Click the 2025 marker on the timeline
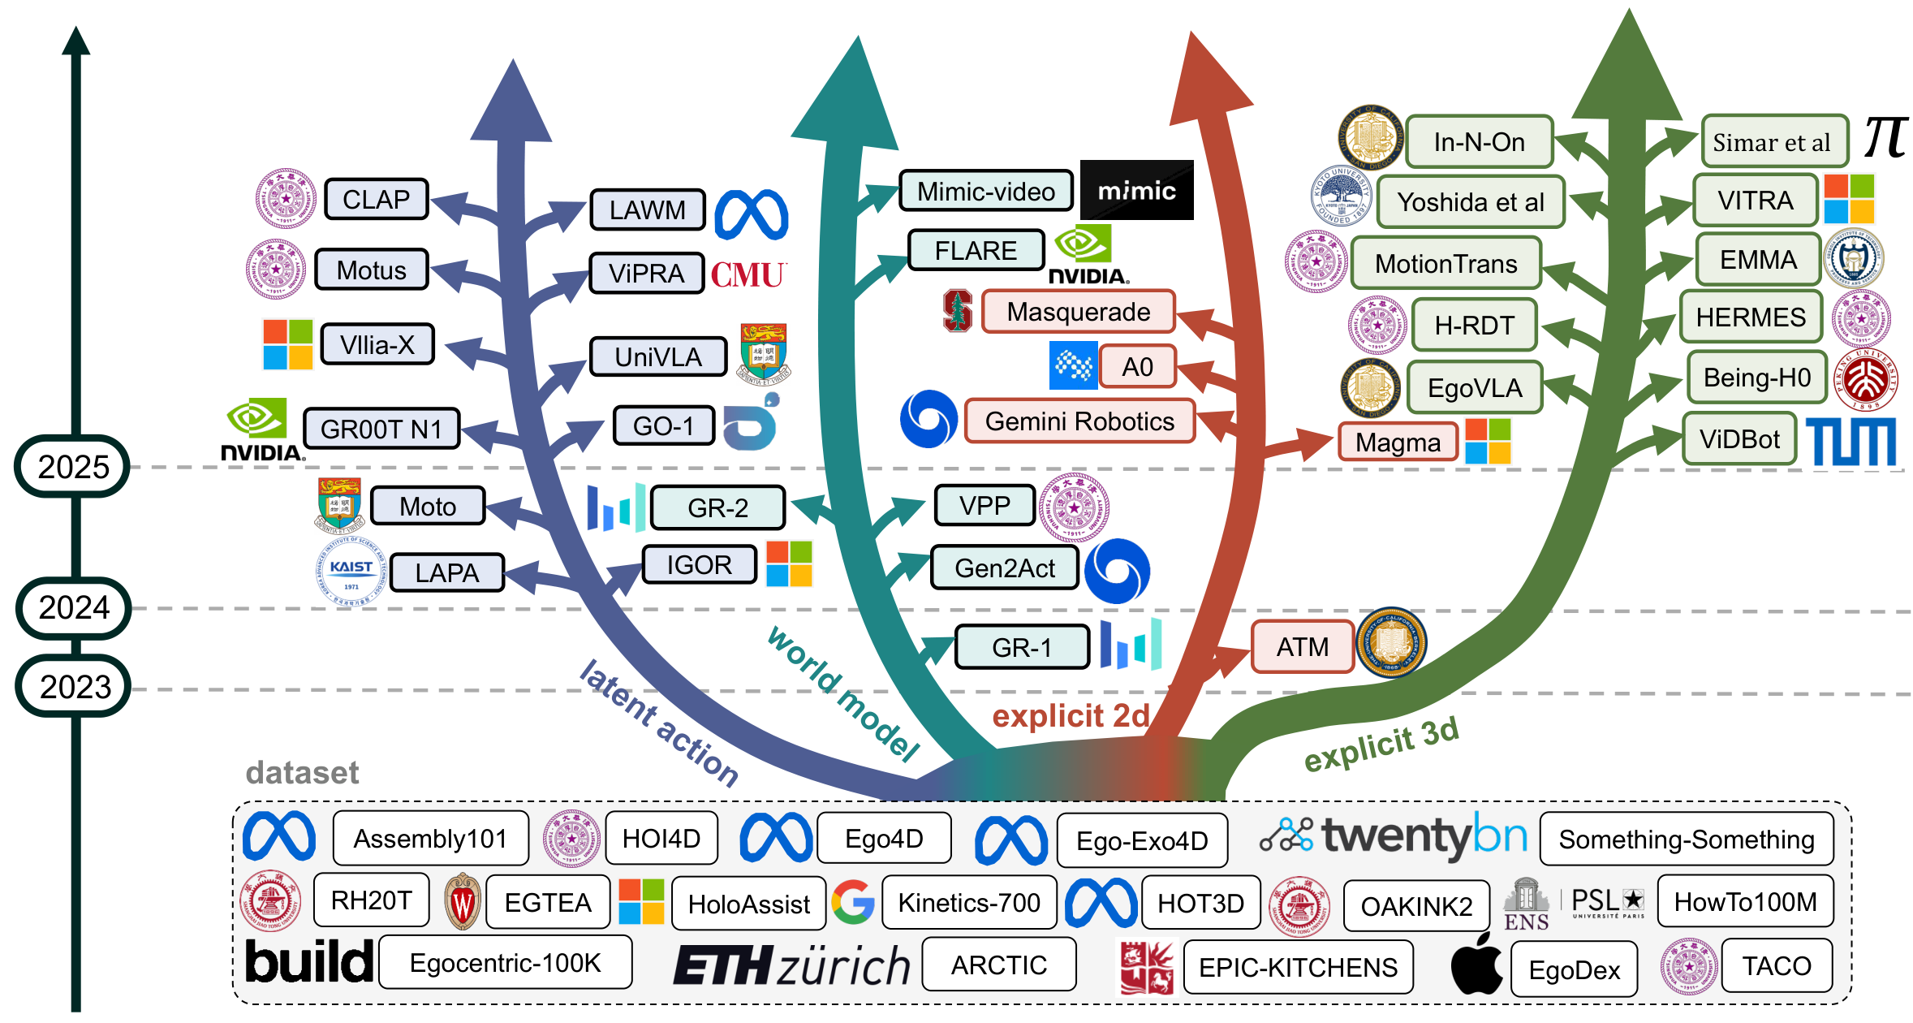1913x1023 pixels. point(72,467)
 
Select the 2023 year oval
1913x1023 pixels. point(74,687)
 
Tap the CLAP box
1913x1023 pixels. point(376,199)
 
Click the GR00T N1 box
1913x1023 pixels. point(381,429)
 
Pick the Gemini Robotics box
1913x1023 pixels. point(1079,421)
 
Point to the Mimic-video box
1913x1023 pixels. point(985,192)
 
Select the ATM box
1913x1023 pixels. point(1302,647)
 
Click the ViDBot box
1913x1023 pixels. point(1739,439)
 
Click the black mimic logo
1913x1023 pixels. point(1136,191)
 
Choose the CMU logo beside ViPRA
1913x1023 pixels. point(748,274)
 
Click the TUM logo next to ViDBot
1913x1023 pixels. point(1851,442)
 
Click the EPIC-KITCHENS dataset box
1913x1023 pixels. point(1297,967)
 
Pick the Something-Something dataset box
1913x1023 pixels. point(1686,840)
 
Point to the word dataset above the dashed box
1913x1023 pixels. point(302,772)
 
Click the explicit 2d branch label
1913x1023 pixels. point(1071,716)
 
